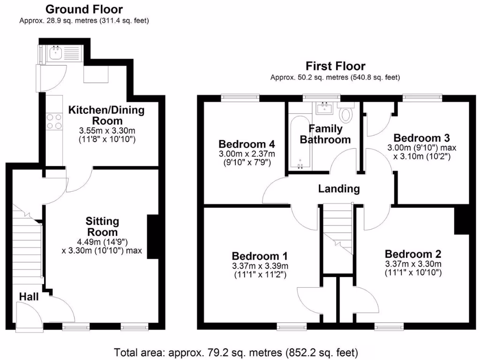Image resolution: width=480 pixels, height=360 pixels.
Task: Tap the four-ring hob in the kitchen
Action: tap(54, 122)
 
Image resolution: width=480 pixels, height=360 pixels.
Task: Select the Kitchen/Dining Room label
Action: tap(107, 115)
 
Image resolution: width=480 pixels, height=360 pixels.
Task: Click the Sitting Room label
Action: tap(102, 226)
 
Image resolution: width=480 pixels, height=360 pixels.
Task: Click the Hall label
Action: tap(29, 296)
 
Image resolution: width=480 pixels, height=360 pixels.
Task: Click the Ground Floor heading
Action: tap(84, 9)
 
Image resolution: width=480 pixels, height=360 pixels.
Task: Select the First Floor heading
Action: tap(335, 66)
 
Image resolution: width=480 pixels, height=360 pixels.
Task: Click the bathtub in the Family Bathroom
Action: tap(297, 141)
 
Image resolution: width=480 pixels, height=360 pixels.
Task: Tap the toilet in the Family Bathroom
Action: tap(346, 113)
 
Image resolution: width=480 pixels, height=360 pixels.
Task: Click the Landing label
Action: tap(339, 189)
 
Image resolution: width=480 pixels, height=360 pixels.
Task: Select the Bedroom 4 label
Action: tap(247, 144)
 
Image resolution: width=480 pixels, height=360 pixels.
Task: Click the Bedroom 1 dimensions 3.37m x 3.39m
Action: tap(260, 266)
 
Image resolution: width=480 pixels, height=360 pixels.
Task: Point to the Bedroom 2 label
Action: tap(413, 255)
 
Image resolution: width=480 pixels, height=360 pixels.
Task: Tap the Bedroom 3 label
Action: tap(422, 138)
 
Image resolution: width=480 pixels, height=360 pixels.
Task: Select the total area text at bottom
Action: tap(237, 352)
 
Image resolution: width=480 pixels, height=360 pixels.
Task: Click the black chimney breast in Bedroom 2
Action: tap(462, 220)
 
